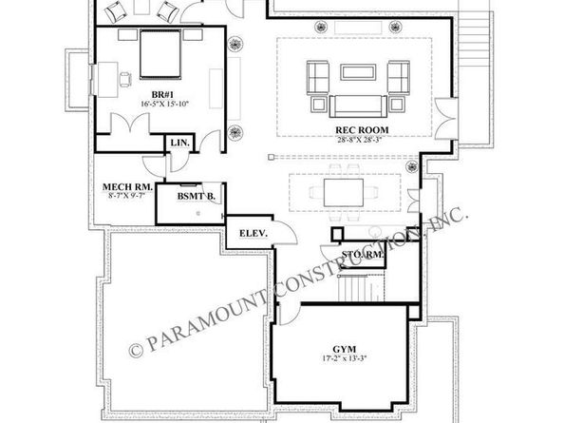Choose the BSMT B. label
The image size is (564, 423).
pyautogui.click(x=197, y=197)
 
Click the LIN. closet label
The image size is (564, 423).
pyautogui.click(x=180, y=143)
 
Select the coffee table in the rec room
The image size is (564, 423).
pyautogui.click(x=356, y=73)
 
